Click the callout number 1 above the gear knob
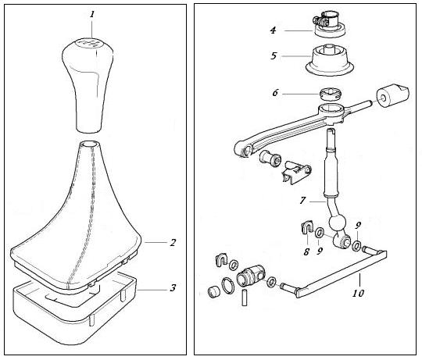[92, 14]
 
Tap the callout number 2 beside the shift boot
[173, 243]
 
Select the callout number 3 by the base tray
[173, 288]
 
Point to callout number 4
[274, 30]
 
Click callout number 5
[274, 56]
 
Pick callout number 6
[275, 93]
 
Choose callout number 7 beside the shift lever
[302, 200]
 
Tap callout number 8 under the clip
[306, 252]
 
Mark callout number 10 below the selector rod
[358, 293]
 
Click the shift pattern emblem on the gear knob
[88, 42]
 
